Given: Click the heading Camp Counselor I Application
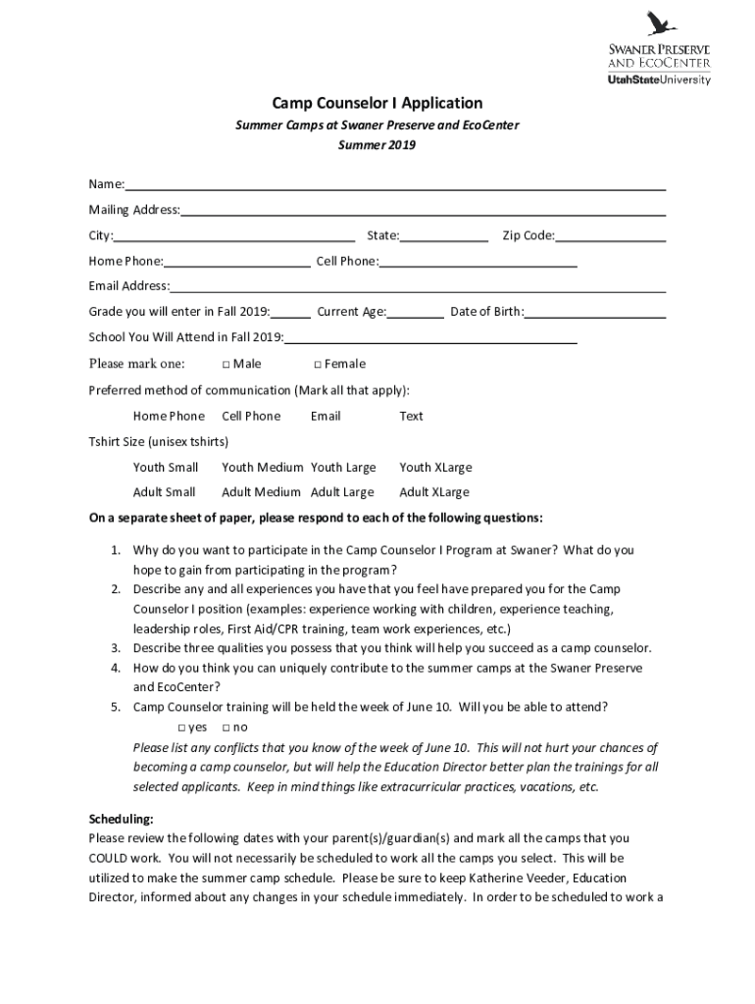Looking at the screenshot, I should point(377,103).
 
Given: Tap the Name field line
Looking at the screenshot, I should point(395,185).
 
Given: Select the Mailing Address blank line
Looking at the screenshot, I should point(424,211).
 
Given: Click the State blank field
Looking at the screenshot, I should point(444,236).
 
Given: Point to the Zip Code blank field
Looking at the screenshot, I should point(611,236).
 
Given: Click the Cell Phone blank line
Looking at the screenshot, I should point(478,262).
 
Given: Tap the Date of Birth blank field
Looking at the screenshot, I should point(595,313).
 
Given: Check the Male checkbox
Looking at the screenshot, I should point(226,365).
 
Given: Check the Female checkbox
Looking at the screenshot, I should point(304,365).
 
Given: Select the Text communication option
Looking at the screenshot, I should point(411,416).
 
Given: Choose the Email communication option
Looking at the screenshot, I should point(326,416).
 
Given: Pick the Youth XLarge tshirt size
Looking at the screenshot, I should point(434,468).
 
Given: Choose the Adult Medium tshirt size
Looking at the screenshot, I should point(261,492).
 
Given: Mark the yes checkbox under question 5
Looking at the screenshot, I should point(182,728).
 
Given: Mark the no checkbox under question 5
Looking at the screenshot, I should point(226,728).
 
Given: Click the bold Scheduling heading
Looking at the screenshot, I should point(121,819).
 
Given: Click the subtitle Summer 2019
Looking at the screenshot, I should point(377,145).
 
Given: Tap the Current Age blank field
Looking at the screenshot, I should point(416,313).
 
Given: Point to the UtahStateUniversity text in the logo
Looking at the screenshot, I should point(659,80).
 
